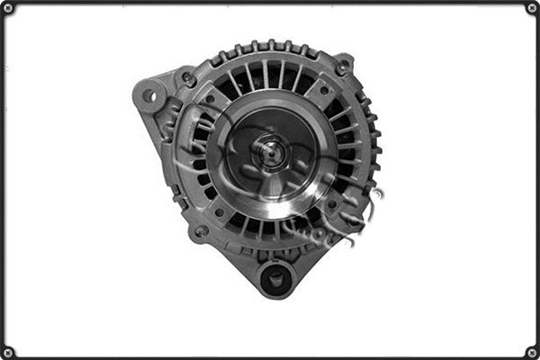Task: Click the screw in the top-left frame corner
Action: pyautogui.click(x=8, y=8)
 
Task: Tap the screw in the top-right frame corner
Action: pyautogui.click(x=532, y=8)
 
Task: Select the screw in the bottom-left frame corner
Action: pyautogui.click(x=8, y=352)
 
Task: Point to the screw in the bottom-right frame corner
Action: pyautogui.click(x=532, y=352)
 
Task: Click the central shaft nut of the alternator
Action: pyautogui.click(x=267, y=152)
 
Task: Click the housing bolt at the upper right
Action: pyautogui.click(x=342, y=67)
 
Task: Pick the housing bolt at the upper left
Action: pyautogui.click(x=189, y=78)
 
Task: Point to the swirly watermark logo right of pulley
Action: pyautogui.click(x=360, y=211)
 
